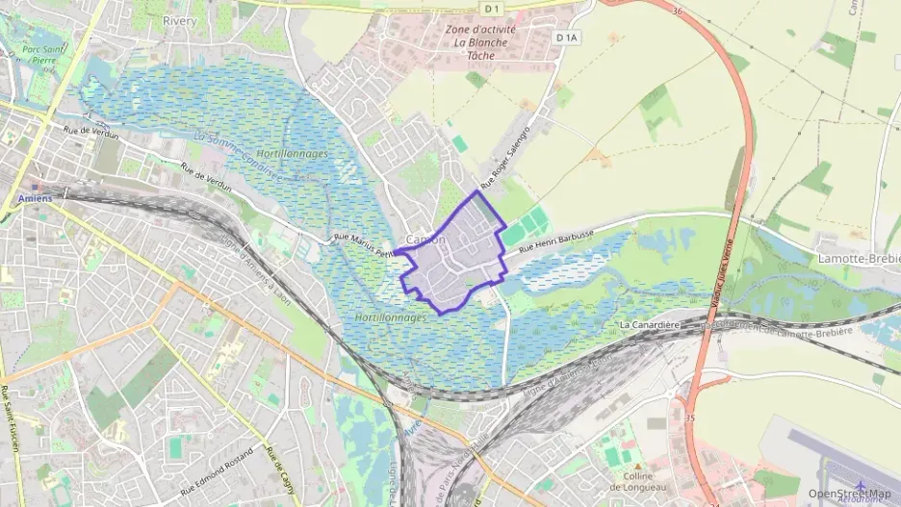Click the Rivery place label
tap(180, 20)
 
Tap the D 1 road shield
tap(492, 9)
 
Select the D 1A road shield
tap(568, 38)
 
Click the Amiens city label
tap(35, 199)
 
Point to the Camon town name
tap(426, 240)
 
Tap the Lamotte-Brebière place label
tap(856, 260)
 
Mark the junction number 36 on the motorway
tap(677, 13)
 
